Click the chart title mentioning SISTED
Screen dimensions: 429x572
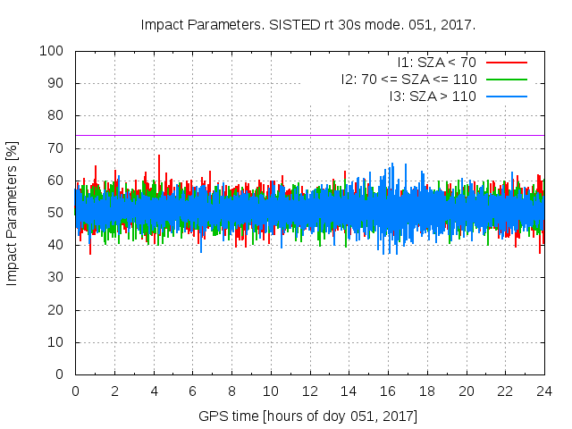coord(308,24)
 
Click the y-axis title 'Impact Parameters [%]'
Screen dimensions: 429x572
coord(13,213)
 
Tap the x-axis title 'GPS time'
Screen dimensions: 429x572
coord(308,416)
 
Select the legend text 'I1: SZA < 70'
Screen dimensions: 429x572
coord(436,63)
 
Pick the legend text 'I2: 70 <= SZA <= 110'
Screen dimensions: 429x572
coord(408,79)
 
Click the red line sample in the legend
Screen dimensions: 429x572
coord(506,63)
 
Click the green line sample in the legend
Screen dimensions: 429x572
coord(506,79)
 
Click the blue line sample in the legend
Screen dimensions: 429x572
coord(506,96)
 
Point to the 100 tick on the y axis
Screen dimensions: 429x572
coord(55,51)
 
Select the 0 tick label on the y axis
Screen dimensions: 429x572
coord(63,374)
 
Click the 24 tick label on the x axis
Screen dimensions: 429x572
coord(544,391)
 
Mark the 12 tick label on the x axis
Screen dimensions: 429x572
coord(309,391)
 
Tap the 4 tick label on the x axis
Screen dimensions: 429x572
coord(154,391)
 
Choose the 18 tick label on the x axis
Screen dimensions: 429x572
coord(427,391)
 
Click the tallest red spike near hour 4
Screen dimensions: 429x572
coord(159,157)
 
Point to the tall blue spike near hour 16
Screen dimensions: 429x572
coord(391,166)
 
